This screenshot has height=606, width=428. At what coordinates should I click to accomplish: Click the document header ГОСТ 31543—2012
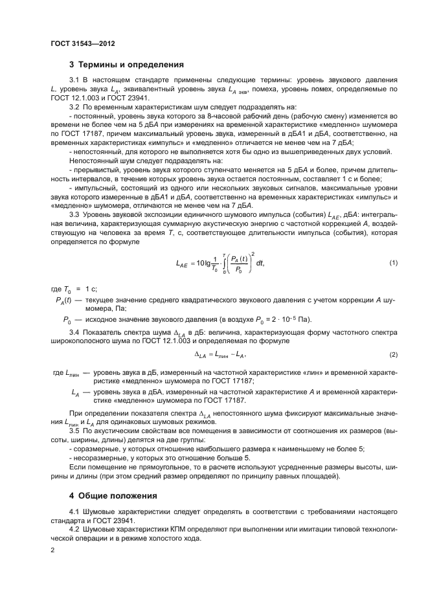(x=82, y=44)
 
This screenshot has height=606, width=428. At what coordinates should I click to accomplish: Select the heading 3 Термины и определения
(x=126, y=65)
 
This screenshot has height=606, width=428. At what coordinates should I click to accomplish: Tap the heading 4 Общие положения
(x=113, y=497)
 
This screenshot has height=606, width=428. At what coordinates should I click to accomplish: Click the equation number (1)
(x=392, y=262)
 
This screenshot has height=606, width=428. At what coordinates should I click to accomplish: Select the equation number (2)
(x=392, y=355)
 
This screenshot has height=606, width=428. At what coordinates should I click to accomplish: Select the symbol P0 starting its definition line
(x=65, y=319)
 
